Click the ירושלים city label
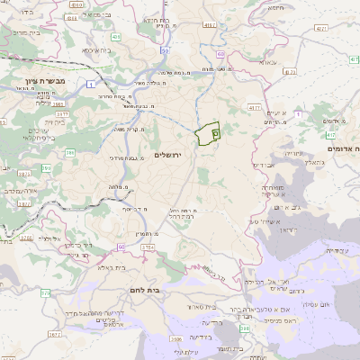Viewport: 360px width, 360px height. pyautogui.click(x=168, y=156)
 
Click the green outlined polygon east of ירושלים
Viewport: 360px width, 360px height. pyautogui.click(x=207, y=134)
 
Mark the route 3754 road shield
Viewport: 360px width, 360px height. pyautogui.click(x=148, y=246)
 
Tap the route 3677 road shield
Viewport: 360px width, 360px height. pyautogui.click(x=54, y=334)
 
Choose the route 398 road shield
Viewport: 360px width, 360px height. pyautogui.click(x=245, y=328)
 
